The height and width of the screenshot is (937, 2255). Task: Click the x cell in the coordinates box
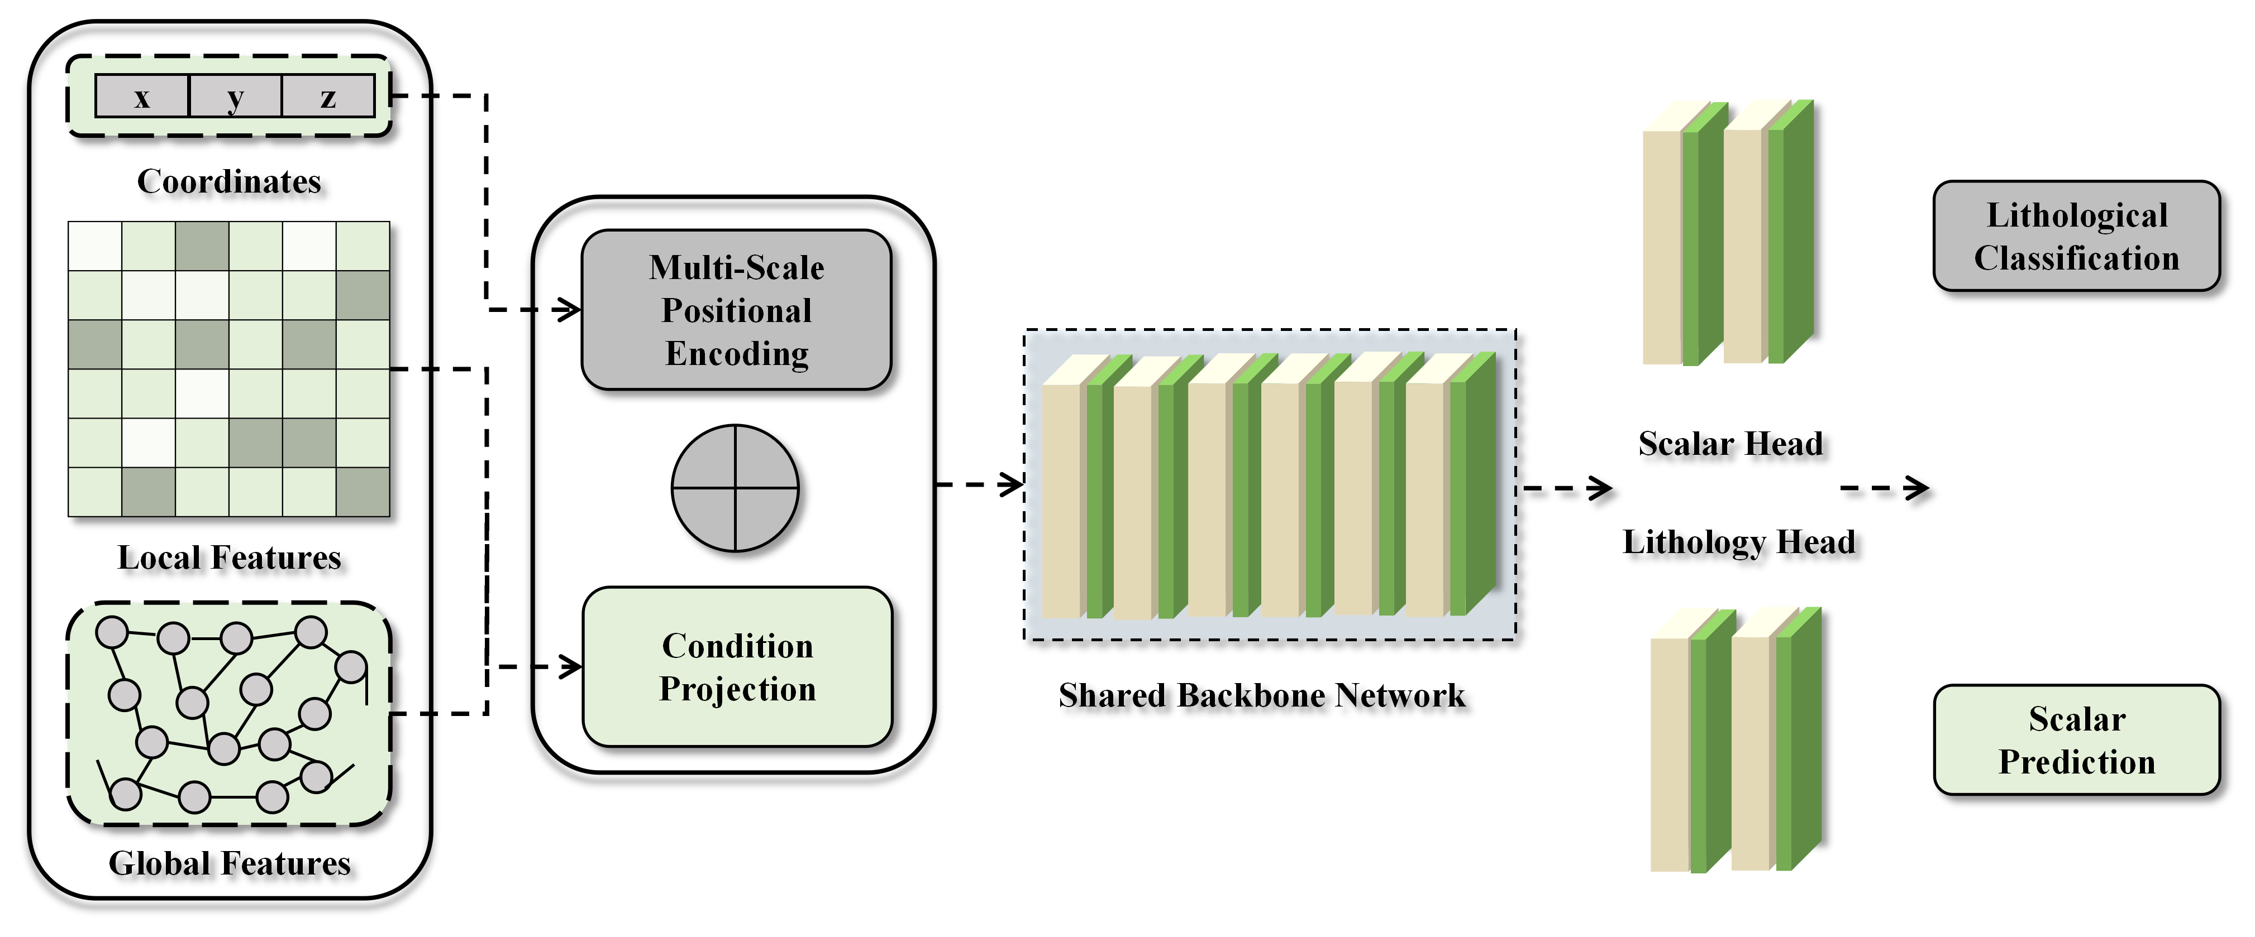click(142, 96)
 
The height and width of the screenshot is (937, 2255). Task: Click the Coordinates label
click(230, 181)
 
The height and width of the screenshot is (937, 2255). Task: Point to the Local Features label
click(230, 558)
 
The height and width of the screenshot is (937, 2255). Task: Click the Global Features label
click(230, 863)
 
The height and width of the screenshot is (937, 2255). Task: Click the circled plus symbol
click(735, 488)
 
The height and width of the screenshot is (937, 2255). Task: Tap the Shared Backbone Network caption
click(1261, 695)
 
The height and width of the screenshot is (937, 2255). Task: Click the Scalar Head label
click(1730, 444)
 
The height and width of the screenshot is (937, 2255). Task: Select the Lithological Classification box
click(2076, 236)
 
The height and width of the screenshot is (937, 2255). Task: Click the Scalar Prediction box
click(2076, 740)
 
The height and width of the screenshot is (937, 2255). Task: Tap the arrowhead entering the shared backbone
click(1012, 484)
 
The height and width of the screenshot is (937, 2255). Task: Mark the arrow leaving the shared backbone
click(1567, 488)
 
